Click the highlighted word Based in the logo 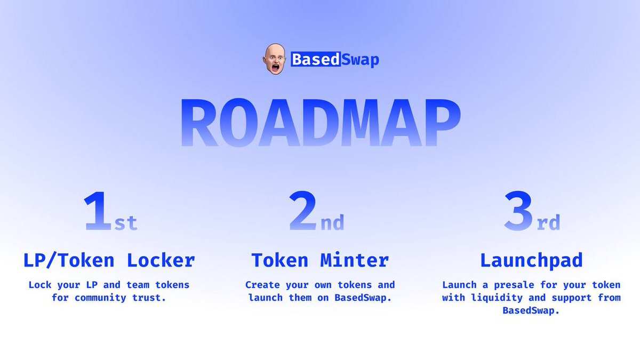(315, 59)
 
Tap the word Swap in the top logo (359, 59)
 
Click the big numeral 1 (99, 212)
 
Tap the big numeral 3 (519, 212)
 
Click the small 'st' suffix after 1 (126, 222)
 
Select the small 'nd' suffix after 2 (332, 222)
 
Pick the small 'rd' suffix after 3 (548, 222)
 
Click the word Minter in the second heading (355, 261)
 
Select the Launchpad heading (531, 261)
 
